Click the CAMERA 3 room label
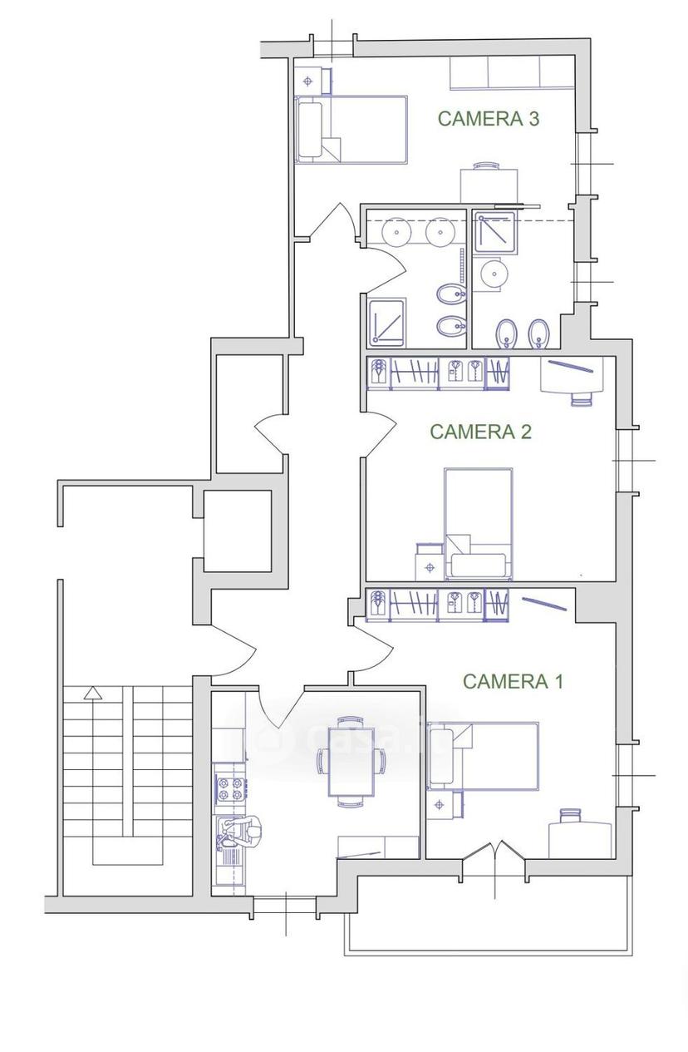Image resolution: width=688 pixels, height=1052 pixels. pyautogui.click(x=488, y=118)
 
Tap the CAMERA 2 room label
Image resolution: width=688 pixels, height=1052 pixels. pyautogui.click(x=480, y=432)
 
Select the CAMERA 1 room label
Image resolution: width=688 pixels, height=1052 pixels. pyautogui.click(x=513, y=681)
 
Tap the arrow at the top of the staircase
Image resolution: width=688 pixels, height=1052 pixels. pyautogui.click(x=92, y=693)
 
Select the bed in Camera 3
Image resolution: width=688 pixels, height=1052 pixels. pyautogui.click(x=351, y=130)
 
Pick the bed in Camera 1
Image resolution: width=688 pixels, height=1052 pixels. pyautogui.click(x=483, y=757)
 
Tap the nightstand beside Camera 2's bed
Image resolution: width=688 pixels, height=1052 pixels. pyautogui.click(x=429, y=562)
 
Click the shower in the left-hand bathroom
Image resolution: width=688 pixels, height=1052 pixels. pyautogui.click(x=386, y=323)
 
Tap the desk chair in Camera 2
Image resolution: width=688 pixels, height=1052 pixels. pyautogui.click(x=582, y=399)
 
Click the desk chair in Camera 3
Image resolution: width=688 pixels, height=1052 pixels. pyautogui.click(x=488, y=165)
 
